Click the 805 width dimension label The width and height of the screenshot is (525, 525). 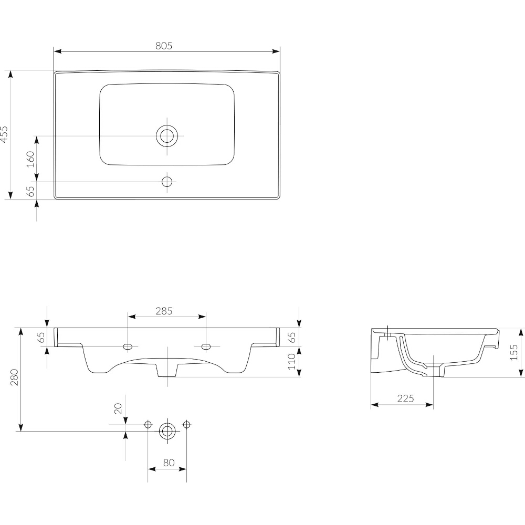pos(164,46)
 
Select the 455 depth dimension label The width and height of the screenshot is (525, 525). pos(4,134)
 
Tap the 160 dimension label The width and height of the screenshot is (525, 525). pos(30,159)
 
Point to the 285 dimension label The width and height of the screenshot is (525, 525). pos(164,311)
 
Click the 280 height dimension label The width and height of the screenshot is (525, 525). pos(14,377)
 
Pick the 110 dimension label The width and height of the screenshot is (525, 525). pos(292,361)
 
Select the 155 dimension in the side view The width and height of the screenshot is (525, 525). pos(513,352)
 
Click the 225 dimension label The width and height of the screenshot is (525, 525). pos(405,398)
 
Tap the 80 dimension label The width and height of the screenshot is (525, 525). pos(169,463)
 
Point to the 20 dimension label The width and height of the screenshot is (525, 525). pos(118,408)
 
